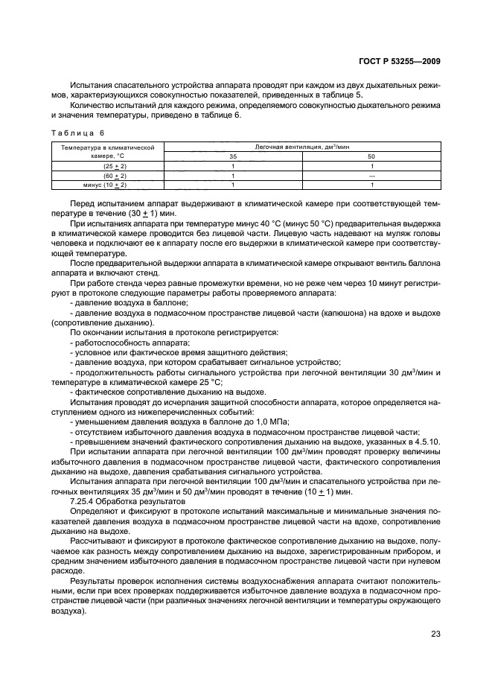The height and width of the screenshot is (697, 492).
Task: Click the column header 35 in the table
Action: click(x=234, y=157)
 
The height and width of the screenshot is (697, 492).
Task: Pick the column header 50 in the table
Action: click(x=371, y=157)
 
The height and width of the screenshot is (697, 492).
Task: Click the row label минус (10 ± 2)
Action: click(x=105, y=184)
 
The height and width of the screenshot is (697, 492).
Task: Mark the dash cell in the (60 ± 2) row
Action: click(x=371, y=175)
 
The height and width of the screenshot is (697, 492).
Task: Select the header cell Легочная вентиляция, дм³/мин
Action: click(x=302, y=148)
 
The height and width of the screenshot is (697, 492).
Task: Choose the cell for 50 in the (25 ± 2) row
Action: click(x=371, y=166)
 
